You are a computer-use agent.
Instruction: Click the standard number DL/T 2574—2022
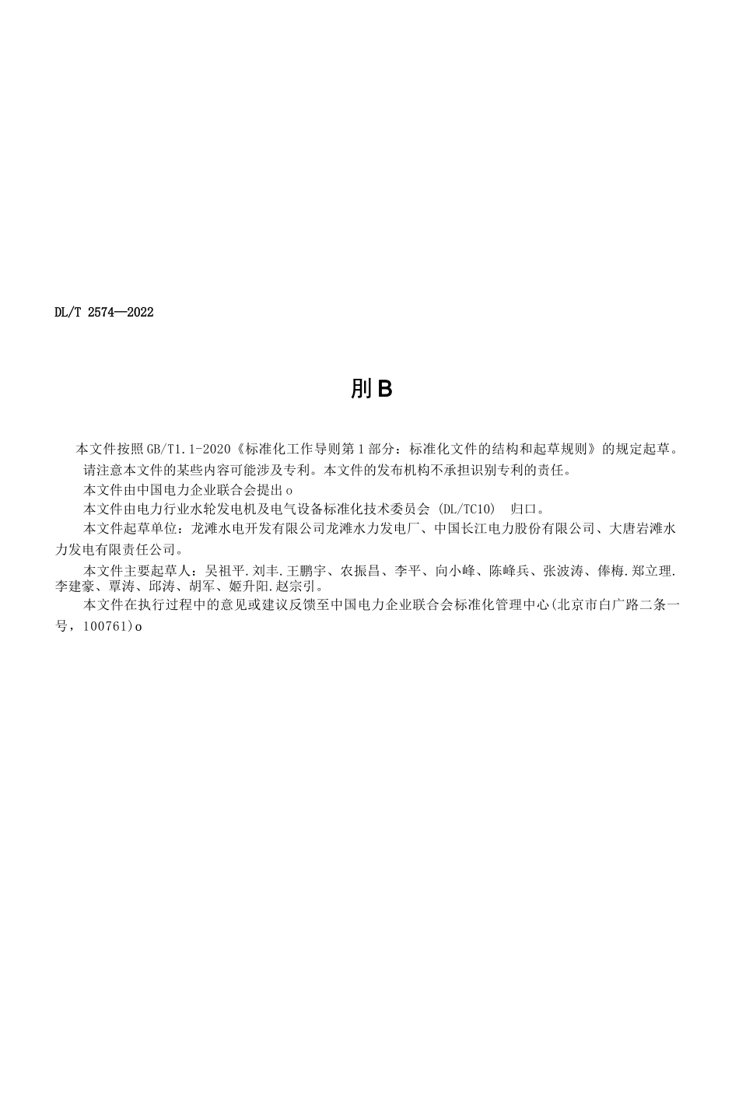pyautogui.click(x=104, y=313)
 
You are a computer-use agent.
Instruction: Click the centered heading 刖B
pyautogui.click(x=370, y=388)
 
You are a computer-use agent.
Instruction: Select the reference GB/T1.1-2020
pyautogui.click(x=190, y=449)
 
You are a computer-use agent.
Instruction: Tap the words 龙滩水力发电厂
pyautogui.click(x=371, y=529)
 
